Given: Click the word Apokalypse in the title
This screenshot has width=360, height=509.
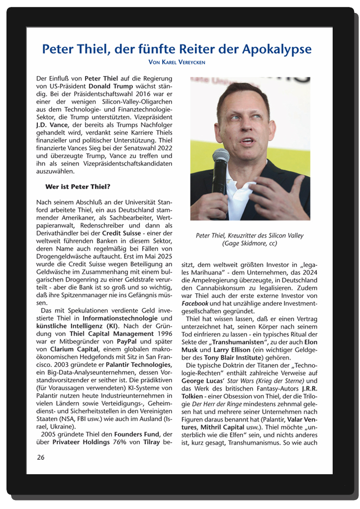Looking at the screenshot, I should point(277,49).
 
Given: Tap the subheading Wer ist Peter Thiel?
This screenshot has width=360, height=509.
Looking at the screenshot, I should point(78,187).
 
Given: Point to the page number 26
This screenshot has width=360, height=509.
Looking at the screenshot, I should point(41,457).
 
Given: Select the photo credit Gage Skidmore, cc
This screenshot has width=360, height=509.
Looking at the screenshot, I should point(250,244).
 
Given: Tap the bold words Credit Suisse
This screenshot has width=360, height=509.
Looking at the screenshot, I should point(122,233).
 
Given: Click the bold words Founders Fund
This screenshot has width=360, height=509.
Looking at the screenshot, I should point(137,434).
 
